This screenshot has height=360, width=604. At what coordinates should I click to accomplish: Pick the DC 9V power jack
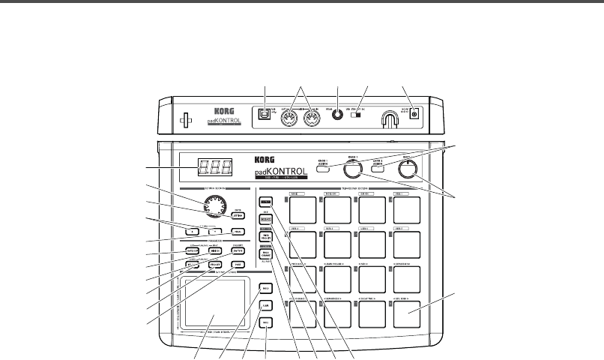(413, 115)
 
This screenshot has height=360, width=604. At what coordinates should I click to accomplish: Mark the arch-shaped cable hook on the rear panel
(389, 118)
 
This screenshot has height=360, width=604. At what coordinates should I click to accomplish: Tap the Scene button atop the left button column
(265, 202)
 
